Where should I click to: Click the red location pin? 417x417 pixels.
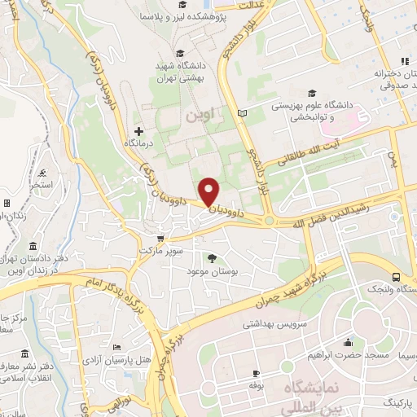(209, 191)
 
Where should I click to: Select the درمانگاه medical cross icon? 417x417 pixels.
(139, 130)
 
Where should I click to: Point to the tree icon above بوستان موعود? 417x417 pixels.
(213, 258)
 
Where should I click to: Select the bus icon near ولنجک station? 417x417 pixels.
(396, 276)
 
